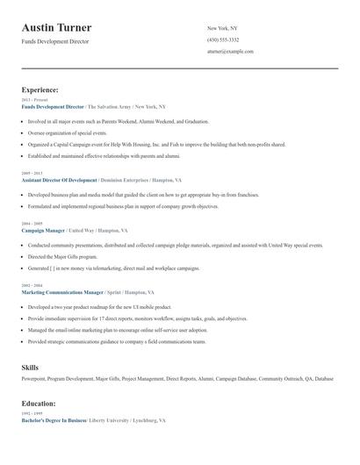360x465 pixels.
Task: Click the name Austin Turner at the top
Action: [57, 28]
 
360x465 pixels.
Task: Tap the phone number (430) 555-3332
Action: [223, 39]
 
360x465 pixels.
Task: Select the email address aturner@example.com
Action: [230, 52]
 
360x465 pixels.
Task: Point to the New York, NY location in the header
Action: [222, 28]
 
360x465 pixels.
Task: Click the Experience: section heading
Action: [40, 89]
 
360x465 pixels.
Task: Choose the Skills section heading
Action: [30, 366]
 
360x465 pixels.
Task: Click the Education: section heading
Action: [39, 404]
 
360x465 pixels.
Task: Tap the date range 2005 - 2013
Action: [31, 174]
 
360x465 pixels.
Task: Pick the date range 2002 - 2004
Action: [31, 285]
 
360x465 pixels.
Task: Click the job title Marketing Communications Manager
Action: [62, 291]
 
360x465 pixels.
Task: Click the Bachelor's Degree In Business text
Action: [54, 421]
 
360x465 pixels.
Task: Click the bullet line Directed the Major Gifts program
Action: [63, 257]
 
